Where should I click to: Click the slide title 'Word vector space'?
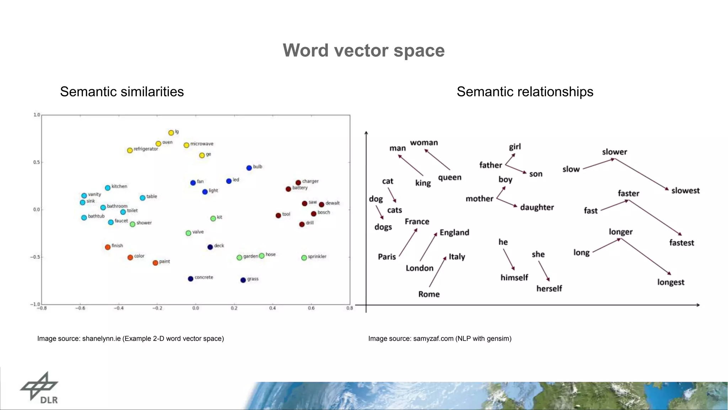point(364,51)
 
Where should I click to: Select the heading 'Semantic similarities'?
point(122,92)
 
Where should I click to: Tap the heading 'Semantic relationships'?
point(525,92)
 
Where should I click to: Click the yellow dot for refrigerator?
point(130,150)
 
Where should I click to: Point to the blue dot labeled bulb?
point(249,168)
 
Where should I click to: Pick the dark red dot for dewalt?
point(321,204)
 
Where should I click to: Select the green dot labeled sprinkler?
point(304,258)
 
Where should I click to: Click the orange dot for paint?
point(155,263)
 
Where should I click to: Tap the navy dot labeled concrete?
point(191,279)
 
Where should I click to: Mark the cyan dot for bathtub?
point(84,217)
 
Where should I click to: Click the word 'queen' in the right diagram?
point(450,178)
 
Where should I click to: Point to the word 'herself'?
point(549,289)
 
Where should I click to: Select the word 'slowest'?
point(685,191)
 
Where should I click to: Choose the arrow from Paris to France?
point(408,242)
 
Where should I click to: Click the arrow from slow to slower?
point(599,164)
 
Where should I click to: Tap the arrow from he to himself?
point(509,259)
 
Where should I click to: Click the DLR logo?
point(39,388)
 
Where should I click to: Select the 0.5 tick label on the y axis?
point(37,162)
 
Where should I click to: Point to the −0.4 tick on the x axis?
point(119,308)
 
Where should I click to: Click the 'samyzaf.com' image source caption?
point(440,338)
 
